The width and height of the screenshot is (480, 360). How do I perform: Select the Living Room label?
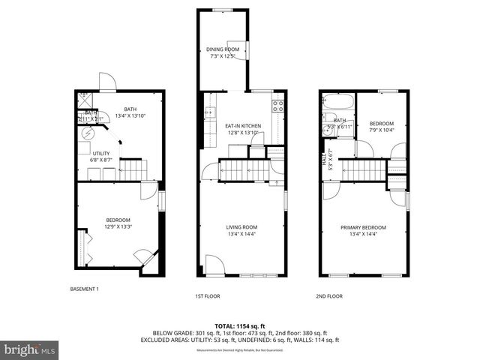coord(241,227)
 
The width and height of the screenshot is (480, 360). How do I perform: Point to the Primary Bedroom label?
coord(363,227)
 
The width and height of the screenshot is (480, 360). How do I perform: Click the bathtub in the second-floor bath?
coord(337,103)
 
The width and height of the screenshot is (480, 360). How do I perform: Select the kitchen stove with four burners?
coord(277,106)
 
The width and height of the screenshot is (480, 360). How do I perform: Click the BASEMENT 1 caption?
coord(84,289)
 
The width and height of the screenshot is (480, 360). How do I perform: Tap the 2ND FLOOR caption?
coord(328,296)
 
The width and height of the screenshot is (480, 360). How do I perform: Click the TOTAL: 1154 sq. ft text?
coord(241,326)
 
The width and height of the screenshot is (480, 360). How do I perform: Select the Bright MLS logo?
coord(30,349)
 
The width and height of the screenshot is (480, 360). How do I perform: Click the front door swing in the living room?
coord(213,265)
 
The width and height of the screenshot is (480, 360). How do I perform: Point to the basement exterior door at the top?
coord(106,79)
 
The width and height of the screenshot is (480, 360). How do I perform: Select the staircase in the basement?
coord(133,170)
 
